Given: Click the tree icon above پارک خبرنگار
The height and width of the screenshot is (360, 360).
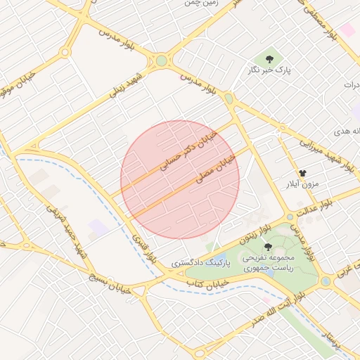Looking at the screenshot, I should coord(268,57).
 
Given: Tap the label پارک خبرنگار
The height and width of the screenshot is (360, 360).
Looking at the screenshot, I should coord(268,70).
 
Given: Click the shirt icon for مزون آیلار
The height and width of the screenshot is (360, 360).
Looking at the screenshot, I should coord(302,172).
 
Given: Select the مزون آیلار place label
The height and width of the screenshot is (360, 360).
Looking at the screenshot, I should coord(301,184).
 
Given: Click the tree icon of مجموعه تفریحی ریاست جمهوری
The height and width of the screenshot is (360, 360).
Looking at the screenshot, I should coord(268,246).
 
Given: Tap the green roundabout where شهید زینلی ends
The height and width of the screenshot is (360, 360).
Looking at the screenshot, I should coord(162,60).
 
